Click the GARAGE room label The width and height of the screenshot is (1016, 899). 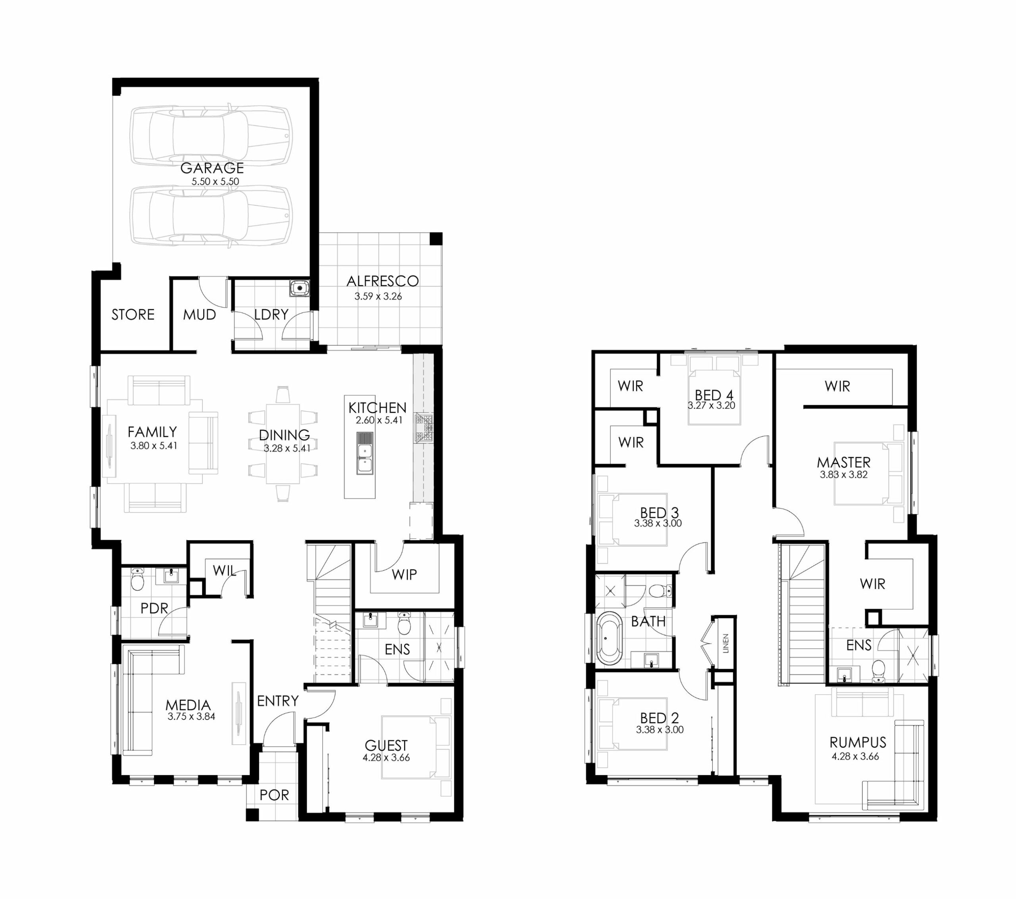(x=212, y=168)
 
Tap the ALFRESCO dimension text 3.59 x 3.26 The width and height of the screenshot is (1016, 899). (x=378, y=296)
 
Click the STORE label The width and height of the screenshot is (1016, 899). (x=133, y=314)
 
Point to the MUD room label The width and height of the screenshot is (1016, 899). (x=199, y=315)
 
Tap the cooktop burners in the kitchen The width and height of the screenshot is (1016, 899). (x=424, y=427)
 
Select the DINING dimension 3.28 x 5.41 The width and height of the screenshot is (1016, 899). (x=287, y=448)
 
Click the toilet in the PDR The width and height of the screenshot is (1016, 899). (x=137, y=580)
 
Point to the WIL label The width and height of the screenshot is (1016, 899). (x=224, y=570)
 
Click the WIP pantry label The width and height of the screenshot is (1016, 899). (x=404, y=575)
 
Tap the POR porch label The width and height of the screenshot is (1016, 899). (x=274, y=795)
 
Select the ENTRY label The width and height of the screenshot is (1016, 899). (x=277, y=701)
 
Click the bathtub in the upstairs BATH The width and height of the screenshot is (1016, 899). (x=609, y=639)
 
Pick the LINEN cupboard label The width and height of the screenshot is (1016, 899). (x=725, y=643)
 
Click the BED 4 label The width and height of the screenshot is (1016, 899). (x=714, y=395)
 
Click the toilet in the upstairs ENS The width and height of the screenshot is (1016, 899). (x=878, y=671)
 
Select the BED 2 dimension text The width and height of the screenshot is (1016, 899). (x=660, y=730)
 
